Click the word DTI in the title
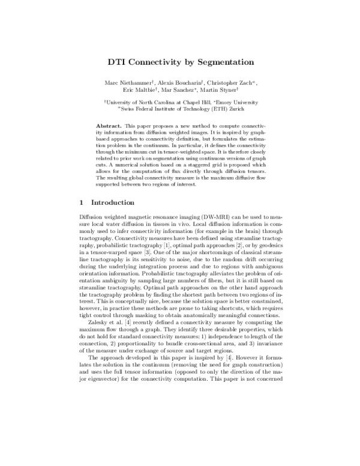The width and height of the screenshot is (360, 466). click(x=118, y=62)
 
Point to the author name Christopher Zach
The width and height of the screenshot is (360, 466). click(x=238, y=82)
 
